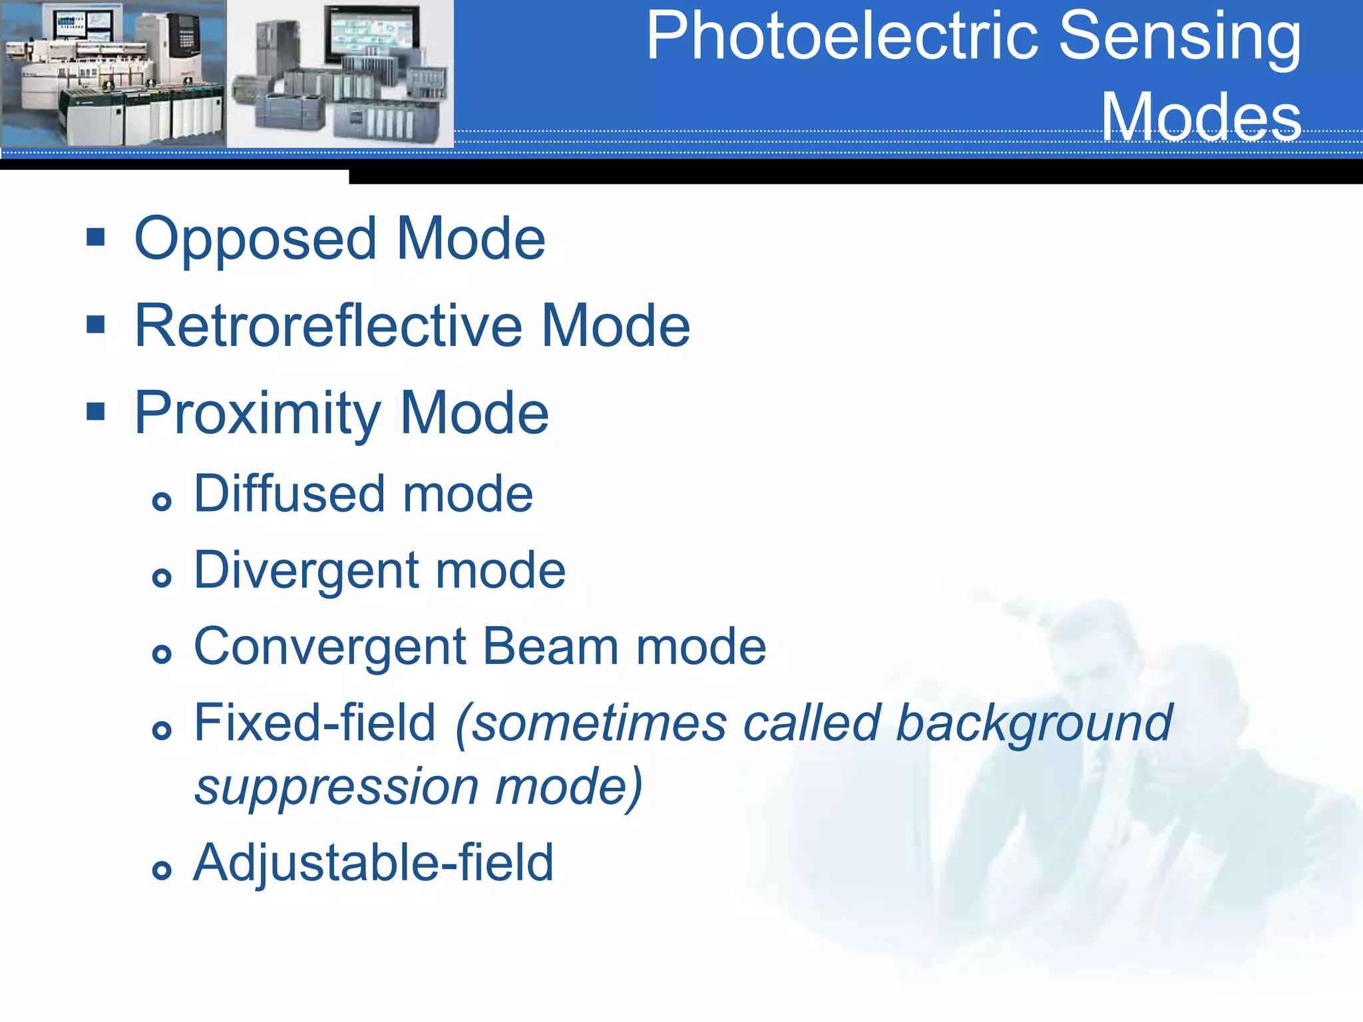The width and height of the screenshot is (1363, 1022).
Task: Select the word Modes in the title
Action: [1201, 117]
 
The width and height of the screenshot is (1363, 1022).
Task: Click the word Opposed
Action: [256, 240]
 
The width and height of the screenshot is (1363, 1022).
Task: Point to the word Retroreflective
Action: [329, 326]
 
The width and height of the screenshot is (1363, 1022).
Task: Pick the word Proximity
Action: [257, 414]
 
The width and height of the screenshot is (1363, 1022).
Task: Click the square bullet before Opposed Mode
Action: [96, 237]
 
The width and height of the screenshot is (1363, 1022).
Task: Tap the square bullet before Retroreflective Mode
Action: [96, 324]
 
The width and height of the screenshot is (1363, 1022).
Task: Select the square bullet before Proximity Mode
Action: [96, 411]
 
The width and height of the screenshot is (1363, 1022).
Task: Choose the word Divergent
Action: [305, 571]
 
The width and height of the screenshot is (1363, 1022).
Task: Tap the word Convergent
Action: [330, 647]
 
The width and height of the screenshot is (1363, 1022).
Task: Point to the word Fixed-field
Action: [314, 723]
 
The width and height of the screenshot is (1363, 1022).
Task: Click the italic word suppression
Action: [336, 787]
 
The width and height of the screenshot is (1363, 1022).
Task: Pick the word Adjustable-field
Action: [373, 863]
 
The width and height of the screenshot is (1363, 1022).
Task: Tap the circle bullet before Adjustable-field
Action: [162, 870]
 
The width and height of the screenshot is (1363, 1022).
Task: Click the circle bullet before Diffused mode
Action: [162, 501]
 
